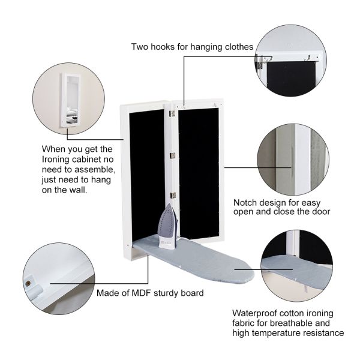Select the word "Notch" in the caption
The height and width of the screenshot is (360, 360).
(246, 202)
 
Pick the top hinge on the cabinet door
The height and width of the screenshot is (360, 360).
(172, 113)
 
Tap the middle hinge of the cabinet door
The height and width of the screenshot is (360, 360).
(172, 155)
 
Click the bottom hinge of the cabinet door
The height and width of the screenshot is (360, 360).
(172, 194)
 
